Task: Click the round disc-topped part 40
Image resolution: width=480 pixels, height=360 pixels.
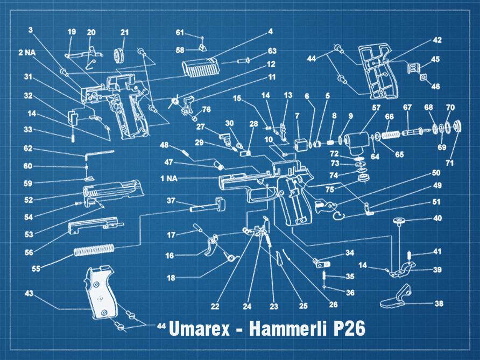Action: [x=399, y=220]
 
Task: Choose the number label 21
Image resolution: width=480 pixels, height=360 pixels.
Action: [x=125, y=33]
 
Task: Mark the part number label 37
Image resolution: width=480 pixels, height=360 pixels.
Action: [x=171, y=200]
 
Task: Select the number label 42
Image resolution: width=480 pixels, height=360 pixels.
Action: [x=437, y=40]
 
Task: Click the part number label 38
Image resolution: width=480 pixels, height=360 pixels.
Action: [x=439, y=303]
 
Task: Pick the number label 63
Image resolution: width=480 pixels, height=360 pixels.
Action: [x=272, y=51]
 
